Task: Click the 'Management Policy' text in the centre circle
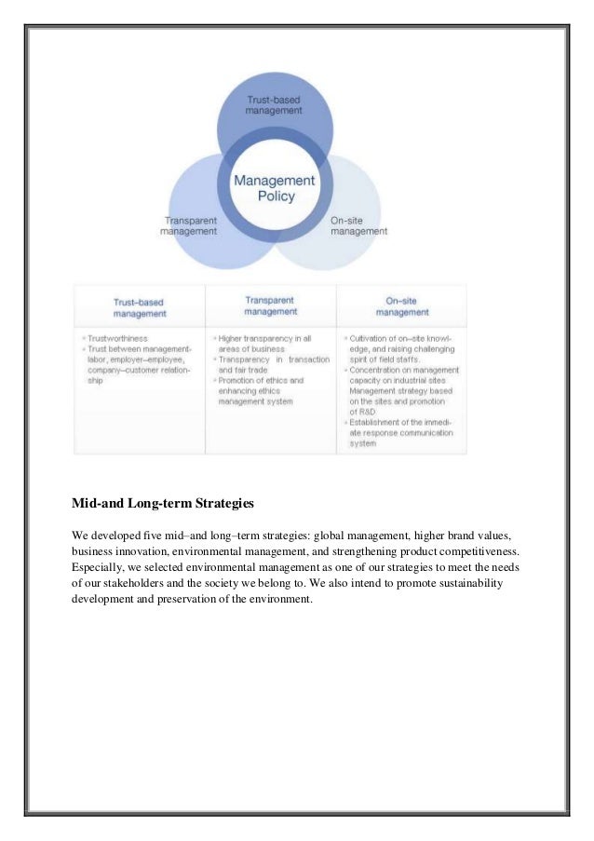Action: point(273,188)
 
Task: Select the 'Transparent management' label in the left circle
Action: point(190,225)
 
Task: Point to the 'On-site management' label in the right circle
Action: point(358,225)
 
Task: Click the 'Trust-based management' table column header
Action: point(139,307)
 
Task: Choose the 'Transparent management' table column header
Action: point(270,305)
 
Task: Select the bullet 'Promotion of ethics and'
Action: point(260,381)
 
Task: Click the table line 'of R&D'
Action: point(362,412)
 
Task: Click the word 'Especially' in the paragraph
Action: point(100,565)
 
